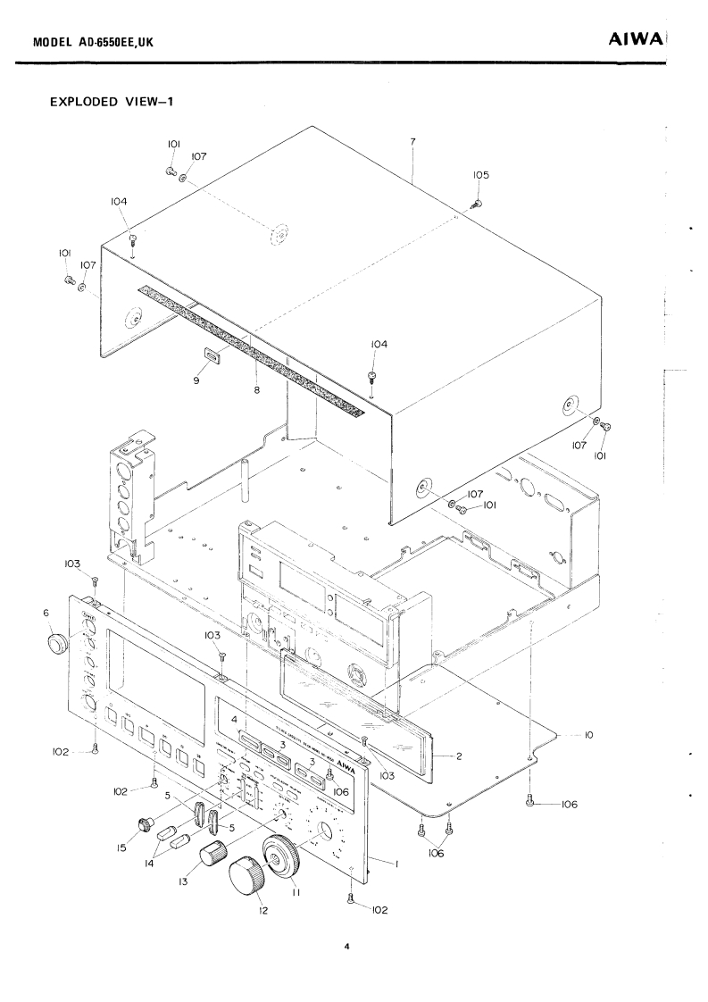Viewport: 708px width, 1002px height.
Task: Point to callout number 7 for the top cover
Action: tap(416, 142)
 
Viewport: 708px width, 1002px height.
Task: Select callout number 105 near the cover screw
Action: tap(480, 175)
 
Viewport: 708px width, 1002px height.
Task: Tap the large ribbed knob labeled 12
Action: tap(248, 876)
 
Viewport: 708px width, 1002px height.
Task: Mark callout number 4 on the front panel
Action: tap(234, 719)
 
